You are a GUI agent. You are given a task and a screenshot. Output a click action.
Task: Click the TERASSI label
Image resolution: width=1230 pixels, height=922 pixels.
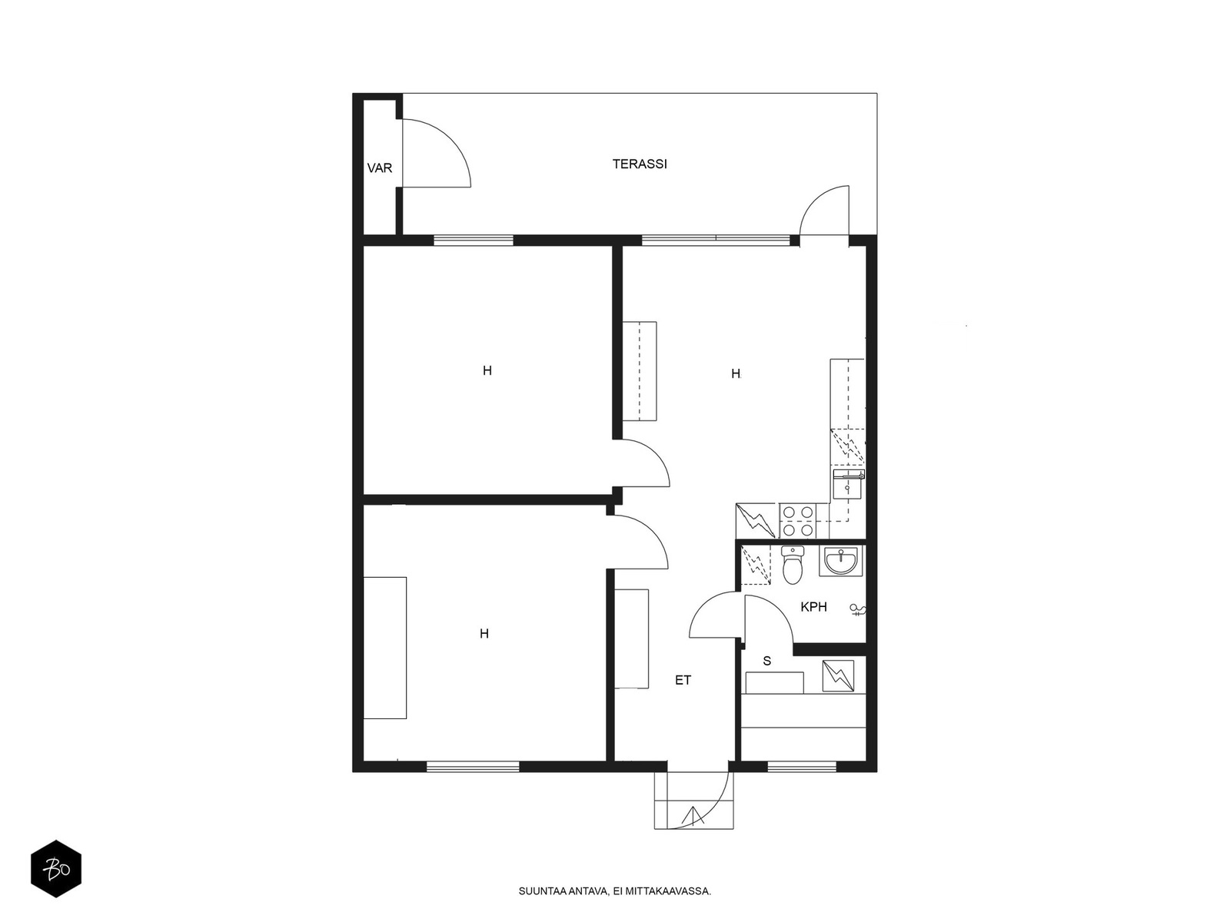click(x=640, y=164)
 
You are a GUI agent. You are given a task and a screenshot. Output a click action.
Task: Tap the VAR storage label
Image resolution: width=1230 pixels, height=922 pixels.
click(x=379, y=168)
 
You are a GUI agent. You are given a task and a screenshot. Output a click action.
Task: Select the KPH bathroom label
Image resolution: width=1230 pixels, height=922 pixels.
click(x=813, y=607)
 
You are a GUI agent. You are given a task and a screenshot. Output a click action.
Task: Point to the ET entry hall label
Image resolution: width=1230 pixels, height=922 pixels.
click(x=683, y=680)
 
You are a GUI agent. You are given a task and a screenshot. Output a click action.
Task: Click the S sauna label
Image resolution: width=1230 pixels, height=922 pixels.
click(x=767, y=661)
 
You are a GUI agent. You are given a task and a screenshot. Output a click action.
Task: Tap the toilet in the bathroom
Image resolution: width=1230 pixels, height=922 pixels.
click(x=793, y=565)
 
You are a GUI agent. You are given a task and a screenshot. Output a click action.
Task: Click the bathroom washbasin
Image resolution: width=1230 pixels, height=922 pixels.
click(x=841, y=561)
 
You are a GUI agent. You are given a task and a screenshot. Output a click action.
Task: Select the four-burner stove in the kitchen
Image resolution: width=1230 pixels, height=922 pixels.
click(x=798, y=521)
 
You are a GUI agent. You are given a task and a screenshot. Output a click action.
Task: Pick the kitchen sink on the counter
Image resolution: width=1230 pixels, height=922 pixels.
click(x=849, y=484)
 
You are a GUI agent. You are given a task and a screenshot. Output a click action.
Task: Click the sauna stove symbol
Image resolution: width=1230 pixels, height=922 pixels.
click(x=838, y=676)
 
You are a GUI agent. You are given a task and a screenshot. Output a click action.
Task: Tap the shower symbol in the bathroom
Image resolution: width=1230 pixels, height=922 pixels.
click(x=857, y=610)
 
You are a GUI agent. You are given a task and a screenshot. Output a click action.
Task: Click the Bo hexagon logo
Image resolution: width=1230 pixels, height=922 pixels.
click(x=56, y=869)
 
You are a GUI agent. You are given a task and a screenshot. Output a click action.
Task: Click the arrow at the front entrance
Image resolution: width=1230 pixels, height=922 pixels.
click(x=693, y=816)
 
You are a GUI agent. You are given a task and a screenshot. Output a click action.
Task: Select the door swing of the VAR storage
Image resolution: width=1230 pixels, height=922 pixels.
click(x=437, y=152)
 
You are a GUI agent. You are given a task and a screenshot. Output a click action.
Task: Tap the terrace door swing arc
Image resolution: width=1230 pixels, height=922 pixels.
click(x=824, y=211)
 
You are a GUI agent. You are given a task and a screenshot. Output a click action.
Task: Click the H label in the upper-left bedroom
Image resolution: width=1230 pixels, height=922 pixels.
click(x=487, y=370)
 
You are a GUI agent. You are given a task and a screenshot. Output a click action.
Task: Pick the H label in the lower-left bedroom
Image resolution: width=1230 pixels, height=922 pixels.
click(x=484, y=634)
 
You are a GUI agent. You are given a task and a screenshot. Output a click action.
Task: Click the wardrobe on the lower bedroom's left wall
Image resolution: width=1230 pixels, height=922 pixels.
click(x=385, y=648)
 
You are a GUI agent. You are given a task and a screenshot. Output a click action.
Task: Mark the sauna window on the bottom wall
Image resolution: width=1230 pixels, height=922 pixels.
click(x=801, y=766)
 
